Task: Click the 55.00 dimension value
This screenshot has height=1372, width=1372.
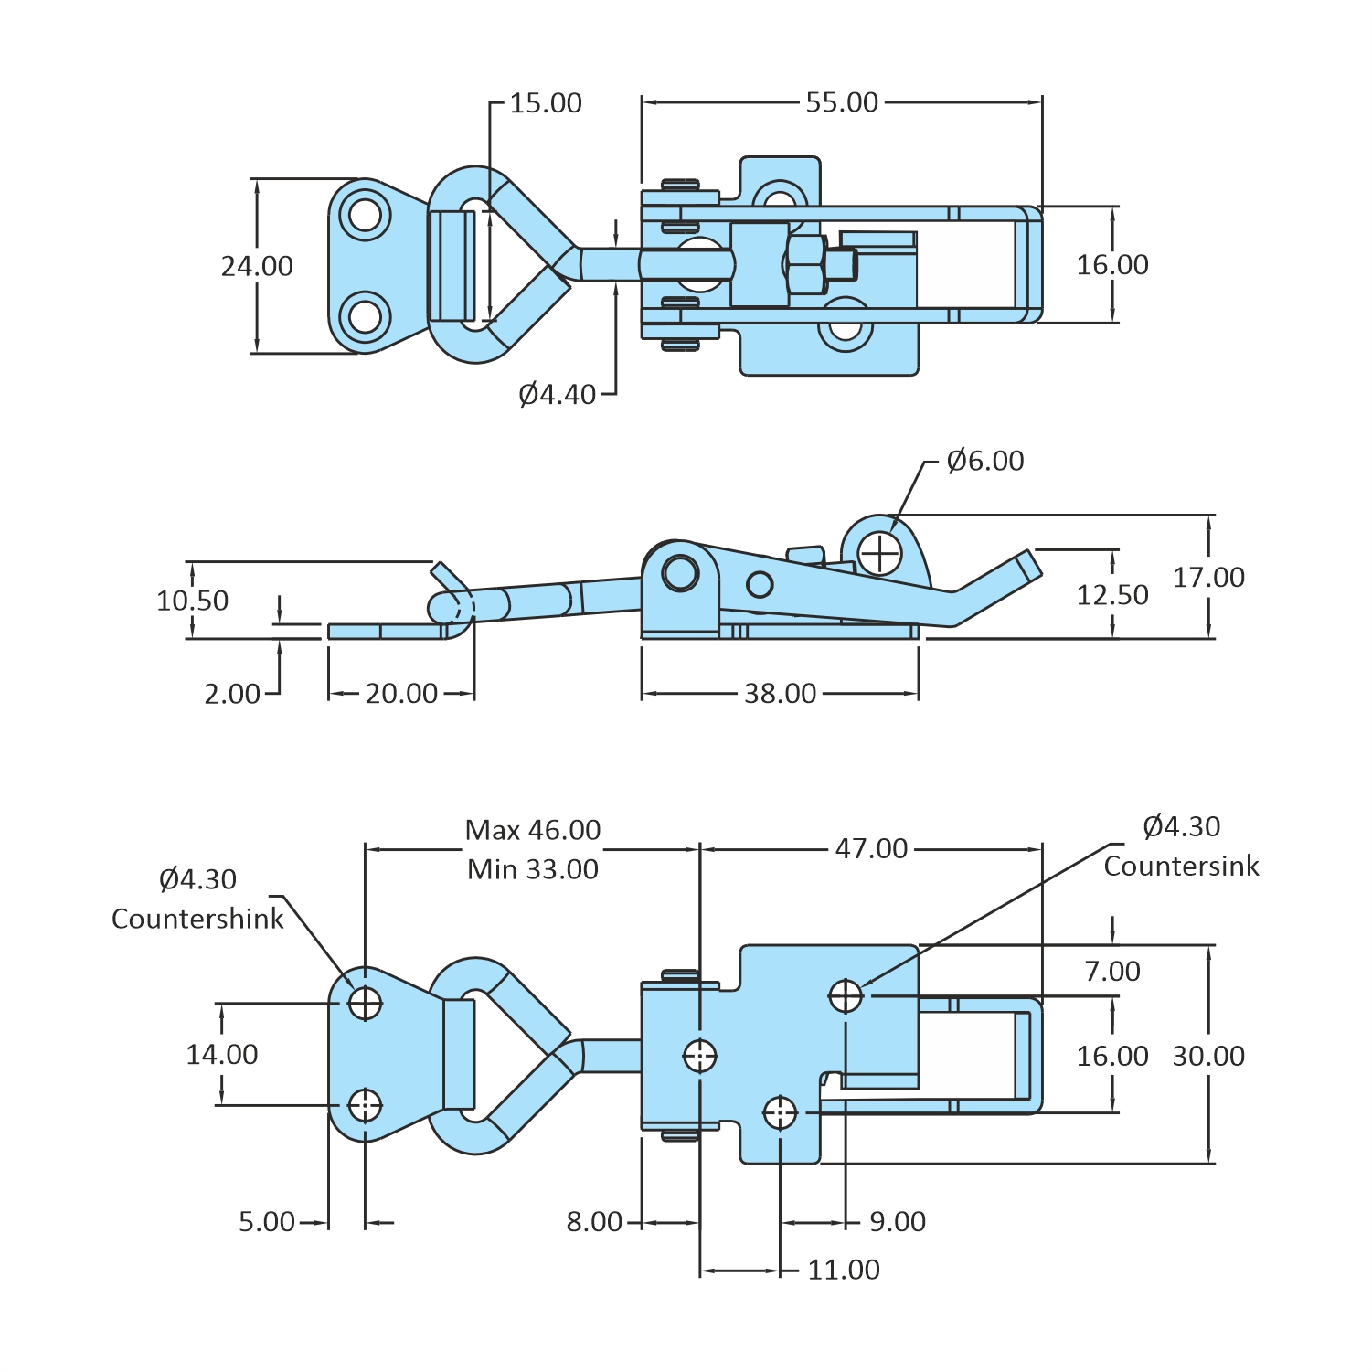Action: pyautogui.click(x=842, y=102)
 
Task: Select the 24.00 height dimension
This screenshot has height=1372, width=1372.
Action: pyautogui.click(x=257, y=266)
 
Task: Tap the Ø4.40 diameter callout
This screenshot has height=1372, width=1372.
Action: pyautogui.click(x=557, y=395)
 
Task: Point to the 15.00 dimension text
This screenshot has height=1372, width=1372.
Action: pyautogui.click(x=546, y=103)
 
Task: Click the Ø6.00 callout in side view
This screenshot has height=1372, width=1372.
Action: pyautogui.click(x=985, y=461)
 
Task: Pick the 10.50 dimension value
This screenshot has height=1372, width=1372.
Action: pyautogui.click(x=192, y=601)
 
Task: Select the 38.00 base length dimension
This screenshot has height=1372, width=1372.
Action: pyautogui.click(x=780, y=694)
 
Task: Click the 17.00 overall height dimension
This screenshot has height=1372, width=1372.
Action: pyautogui.click(x=1208, y=578)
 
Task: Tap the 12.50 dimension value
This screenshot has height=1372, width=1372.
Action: pyautogui.click(x=1112, y=595)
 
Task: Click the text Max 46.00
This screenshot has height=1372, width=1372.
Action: pyautogui.click(x=533, y=830)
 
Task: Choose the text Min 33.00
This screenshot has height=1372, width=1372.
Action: pyautogui.click(x=533, y=869)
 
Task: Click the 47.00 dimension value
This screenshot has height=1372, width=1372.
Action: pyautogui.click(x=871, y=849)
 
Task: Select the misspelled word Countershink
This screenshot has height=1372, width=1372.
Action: pyautogui.click(x=197, y=919)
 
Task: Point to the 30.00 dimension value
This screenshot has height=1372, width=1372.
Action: pyautogui.click(x=1208, y=1056)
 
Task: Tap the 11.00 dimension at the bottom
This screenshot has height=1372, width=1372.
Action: pyautogui.click(x=844, y=1270)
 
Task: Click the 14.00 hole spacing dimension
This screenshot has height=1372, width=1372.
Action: pyautogui.click(x=222, y=1055)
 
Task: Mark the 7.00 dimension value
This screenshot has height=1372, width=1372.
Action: pyautogui.click(x=1112, y=971)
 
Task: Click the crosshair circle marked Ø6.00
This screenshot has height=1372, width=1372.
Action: pyautogui.click(x=880, y=553)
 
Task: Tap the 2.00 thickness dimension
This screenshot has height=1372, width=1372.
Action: pyautogui.click(x=232, y=694)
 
